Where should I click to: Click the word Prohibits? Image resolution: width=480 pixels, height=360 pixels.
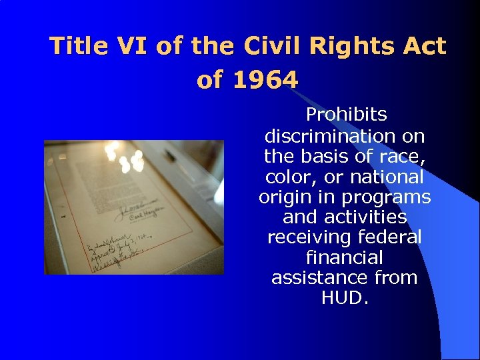(x=345, y=115)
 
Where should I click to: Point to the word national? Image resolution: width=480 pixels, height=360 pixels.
(x=387, y=177)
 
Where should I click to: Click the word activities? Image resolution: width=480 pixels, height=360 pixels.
(x=363, y=217)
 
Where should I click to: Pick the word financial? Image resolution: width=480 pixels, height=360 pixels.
(x=345, y=257)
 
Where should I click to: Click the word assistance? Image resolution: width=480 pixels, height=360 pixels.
(x=320, y=277)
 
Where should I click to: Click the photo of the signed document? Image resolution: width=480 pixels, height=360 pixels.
(x=134, y=207)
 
